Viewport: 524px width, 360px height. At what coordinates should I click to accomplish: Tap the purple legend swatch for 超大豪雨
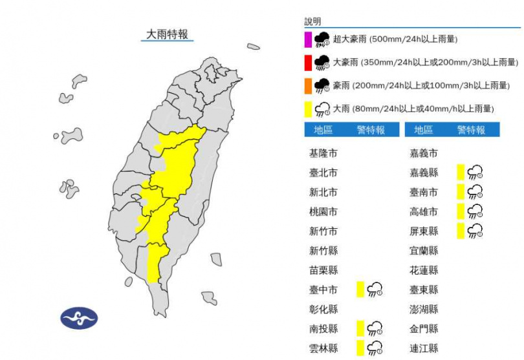[x=309, y=39]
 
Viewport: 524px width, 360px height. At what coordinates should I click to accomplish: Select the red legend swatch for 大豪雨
[x=309, y=63]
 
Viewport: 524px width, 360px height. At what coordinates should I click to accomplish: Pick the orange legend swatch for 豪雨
[x=309, y=85]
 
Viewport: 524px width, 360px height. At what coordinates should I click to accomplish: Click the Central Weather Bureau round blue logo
[x=79, y=317]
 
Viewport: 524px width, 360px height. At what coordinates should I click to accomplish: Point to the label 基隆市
[x=323, y=154]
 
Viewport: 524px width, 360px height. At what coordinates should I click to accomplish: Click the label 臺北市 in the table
[x=323, y=173]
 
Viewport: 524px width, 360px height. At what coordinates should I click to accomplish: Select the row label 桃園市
[x=323, y=212]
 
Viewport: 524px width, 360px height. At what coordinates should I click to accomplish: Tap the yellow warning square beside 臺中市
[x=360, y=290]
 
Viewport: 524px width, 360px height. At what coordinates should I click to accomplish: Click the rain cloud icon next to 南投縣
[x=375, y=328]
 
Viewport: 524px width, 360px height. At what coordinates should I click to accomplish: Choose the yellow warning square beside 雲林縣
[x=360, y=348]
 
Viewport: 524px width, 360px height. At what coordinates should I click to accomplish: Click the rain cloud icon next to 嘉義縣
[x=475, y=172]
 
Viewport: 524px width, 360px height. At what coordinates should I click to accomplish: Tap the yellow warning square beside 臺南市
[x=461, y=192]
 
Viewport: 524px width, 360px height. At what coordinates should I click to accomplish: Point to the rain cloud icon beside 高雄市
[x=475, y=211]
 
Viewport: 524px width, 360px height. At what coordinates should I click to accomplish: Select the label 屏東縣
[x=424, y=231]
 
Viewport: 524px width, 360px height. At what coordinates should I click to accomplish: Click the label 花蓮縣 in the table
[x=424, y=270]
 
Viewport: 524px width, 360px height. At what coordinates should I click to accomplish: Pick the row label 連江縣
[x=424, y=348]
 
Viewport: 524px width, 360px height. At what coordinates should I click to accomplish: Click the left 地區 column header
[x=323, y=130]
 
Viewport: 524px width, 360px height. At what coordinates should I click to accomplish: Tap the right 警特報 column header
[x=471, y=130]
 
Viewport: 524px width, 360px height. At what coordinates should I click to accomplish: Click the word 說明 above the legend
[x=312, y=21]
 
